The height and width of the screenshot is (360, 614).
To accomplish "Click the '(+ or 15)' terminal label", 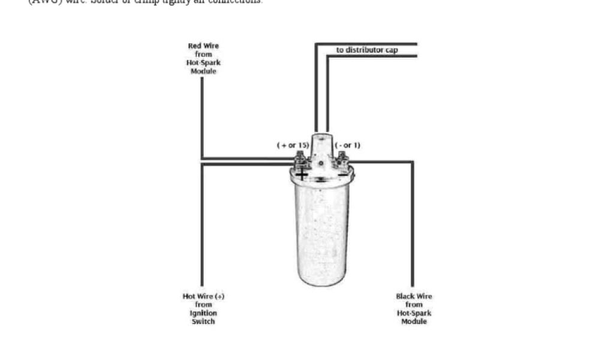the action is pos(293,145).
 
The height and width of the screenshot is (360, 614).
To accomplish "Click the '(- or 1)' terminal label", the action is pos(348,145).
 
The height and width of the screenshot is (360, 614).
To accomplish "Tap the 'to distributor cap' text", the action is pos(366,50).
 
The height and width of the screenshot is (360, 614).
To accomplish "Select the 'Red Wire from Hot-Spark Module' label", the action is pos(203,58).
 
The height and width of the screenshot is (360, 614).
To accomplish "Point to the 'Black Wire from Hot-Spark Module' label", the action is pos(414,308).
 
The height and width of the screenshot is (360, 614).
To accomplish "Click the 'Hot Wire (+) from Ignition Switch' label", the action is pos(203,308).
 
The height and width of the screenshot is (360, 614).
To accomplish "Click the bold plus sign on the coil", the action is pos(302,175).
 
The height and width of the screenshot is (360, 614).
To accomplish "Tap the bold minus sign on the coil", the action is pos(342,175).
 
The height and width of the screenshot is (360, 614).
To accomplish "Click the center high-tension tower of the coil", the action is pos(321,144).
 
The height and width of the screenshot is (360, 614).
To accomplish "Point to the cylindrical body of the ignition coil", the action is pos(323,234).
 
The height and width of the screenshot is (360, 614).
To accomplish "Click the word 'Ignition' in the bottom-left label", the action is pos(203,313).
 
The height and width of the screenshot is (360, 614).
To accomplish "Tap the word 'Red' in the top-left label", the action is pos(195,46).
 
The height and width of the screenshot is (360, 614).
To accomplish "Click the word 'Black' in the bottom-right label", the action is pos(405,296).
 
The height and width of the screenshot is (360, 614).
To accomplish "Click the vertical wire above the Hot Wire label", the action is pos(201,228).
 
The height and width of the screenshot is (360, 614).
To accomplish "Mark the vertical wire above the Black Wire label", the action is pos(413,228).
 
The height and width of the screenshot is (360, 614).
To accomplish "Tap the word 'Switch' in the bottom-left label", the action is pos(203,321).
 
